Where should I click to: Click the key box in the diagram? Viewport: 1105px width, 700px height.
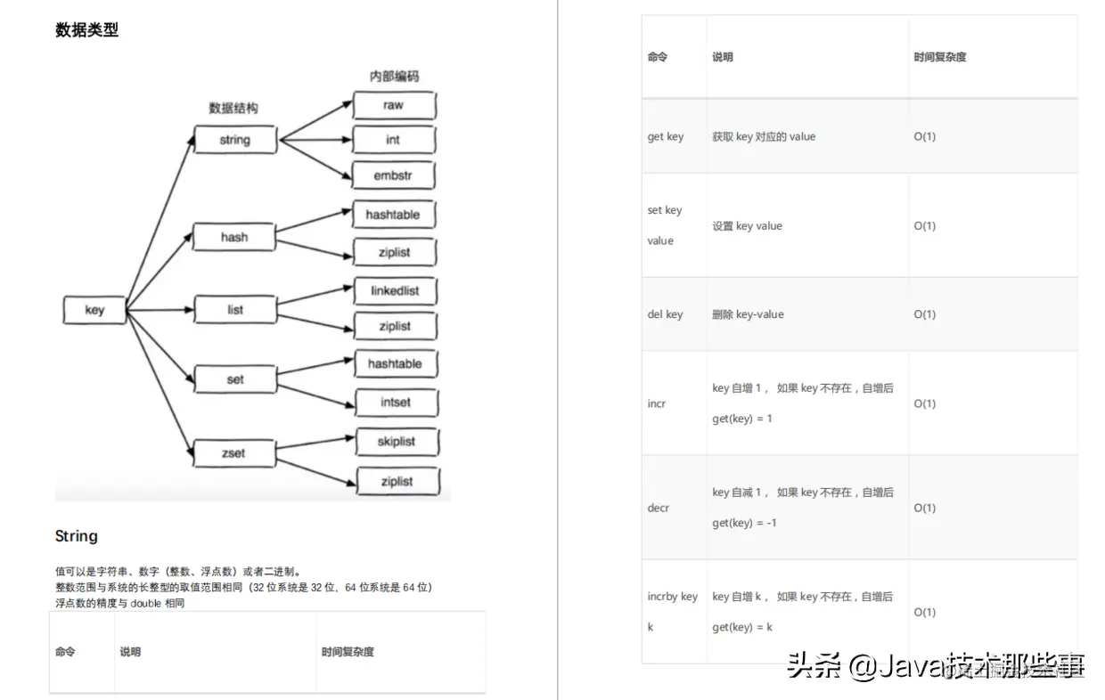[x=94, y=310]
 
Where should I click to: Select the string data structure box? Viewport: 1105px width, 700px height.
[x=235, y=140]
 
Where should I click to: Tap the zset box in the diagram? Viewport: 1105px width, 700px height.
[x=233, y=452]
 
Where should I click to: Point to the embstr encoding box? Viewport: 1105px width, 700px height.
[x=393, y=175]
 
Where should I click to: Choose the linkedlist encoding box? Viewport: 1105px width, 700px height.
[x=395, y=290]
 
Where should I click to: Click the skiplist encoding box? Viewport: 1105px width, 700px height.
[x=397, y=441]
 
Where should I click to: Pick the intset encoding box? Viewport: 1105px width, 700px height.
[x=396, y=402]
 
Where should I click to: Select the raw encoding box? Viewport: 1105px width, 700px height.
[x=393, y=104]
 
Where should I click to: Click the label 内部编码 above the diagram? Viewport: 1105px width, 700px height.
[x=394, y=77]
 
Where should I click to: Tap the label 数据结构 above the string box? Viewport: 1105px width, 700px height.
[x=233, y=108]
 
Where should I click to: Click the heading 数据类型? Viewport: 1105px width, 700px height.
[x=86, y=30]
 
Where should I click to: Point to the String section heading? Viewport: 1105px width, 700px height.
[x=77, y=536]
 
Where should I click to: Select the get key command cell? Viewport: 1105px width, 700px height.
[x=666, y=136]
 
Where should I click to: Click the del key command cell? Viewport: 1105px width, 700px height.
[x=666, y=314]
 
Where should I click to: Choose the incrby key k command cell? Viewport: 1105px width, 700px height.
[x=672, y=611]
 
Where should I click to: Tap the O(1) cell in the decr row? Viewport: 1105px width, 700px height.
[x=925, y=508]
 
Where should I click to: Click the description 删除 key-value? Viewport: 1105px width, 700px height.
[x=748, y=314]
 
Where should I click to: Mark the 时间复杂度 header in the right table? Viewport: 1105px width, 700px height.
[x=940, y=57]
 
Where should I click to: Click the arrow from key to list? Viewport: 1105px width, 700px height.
[x=160, y=310]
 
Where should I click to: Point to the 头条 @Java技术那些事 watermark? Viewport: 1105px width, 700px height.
[x=936, y=665]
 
